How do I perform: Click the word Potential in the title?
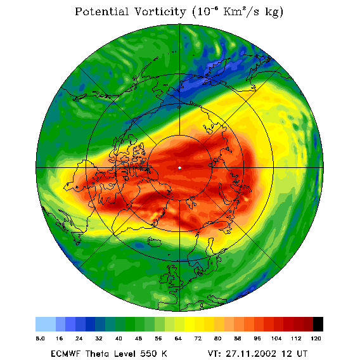click(x=101, y=11)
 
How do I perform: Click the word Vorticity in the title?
click(x=160, y=11)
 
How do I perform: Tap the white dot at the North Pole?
click(x=179, y=168)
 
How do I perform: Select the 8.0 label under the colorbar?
click(x=40, y=338)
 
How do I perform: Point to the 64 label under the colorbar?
click(x=178, y=338)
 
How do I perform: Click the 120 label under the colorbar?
click(x=316, y=338)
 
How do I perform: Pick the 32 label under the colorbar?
click(x=99, y=338)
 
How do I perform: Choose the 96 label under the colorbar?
click(x=257, y=338)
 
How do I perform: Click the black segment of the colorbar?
click(x=318, y=324)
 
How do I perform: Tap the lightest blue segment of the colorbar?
click(x=46, y=324)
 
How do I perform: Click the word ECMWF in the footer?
click(x=65, y=354)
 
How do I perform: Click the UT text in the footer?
click(x=301, y=354)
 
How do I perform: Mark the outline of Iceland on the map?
click(x=155, y=242)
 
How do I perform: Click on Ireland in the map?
click(x=164, y=278)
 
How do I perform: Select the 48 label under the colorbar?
click(x=138, y=338)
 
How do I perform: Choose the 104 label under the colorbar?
click(x=276, y=338)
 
